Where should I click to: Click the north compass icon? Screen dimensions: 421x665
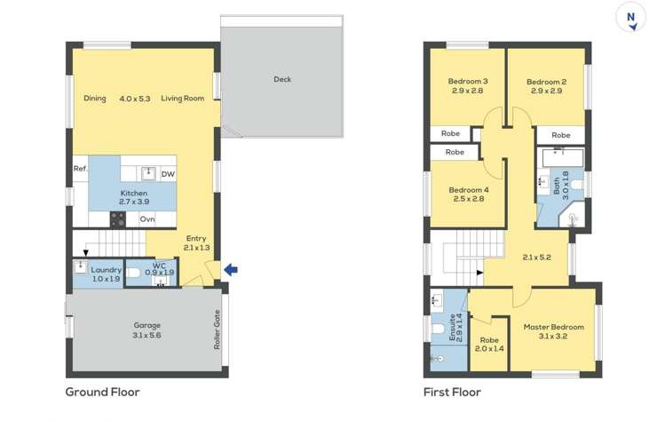(x=631, y=18)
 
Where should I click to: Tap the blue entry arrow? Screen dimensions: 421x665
(x=230, y=269)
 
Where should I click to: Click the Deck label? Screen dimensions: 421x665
(x=281, y=80)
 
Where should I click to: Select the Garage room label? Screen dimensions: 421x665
(x=146, y=325)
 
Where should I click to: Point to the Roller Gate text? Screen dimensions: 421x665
(x=216, y=330)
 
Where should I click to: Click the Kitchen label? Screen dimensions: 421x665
(x=133, y=193)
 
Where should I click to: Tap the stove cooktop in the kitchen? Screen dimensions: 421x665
(x=118, y=218)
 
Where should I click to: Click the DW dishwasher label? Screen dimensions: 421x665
(x=167, y=174)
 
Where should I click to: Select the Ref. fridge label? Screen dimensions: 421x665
(x=80, y=169)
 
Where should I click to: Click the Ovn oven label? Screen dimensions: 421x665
(x=147, y=219)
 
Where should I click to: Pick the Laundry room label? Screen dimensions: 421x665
(x=106, y=270)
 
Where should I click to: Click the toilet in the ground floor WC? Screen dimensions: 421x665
(x=134, y=274)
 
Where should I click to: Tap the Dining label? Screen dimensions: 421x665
(x=95, y=99)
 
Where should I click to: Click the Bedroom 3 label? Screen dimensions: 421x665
(x=466, y=82)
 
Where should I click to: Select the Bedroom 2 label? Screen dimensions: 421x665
(x=546, y=82)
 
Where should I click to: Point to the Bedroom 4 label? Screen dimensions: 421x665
(x=468, y=190)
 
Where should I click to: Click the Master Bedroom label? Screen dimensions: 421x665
(x=553, y=327)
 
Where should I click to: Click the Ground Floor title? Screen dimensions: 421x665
(x=102, y=392)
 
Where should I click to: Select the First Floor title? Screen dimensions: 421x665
(x=452, y=392)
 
